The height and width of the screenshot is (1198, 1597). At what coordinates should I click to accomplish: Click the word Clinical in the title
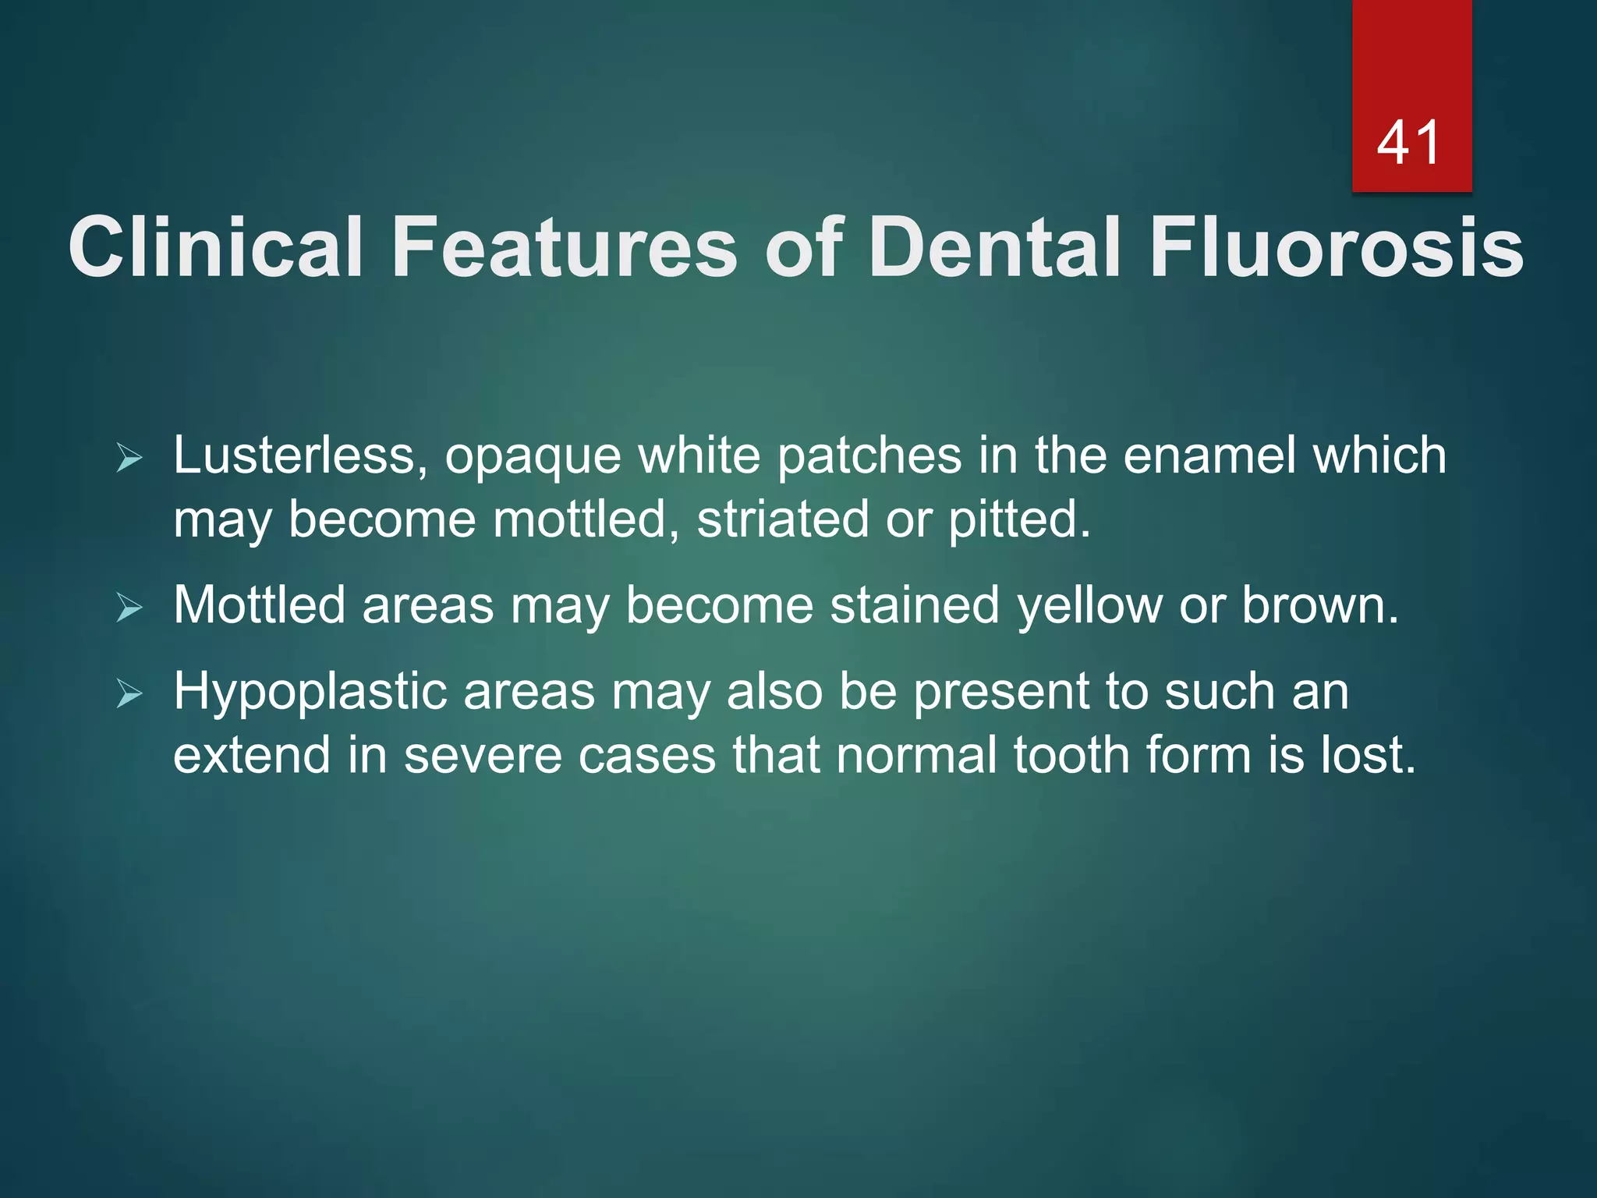point(216,247)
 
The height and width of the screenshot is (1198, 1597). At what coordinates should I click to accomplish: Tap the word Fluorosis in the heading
point(1337,247)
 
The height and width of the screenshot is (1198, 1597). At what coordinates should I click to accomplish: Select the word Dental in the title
point(994,247)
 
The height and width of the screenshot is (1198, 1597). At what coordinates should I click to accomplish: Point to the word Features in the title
point(565,247)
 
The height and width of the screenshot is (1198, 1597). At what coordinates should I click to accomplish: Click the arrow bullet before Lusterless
point(129,458)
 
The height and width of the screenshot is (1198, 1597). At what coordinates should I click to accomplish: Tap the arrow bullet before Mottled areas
point(129,608)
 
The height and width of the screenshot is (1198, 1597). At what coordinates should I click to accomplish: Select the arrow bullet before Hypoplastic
point(129,693)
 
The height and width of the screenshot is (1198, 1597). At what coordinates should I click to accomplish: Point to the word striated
point(782,519)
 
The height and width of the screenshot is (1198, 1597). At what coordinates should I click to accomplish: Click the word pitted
point(1018,519)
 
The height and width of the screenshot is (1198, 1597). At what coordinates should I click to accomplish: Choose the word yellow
point(1089,606)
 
